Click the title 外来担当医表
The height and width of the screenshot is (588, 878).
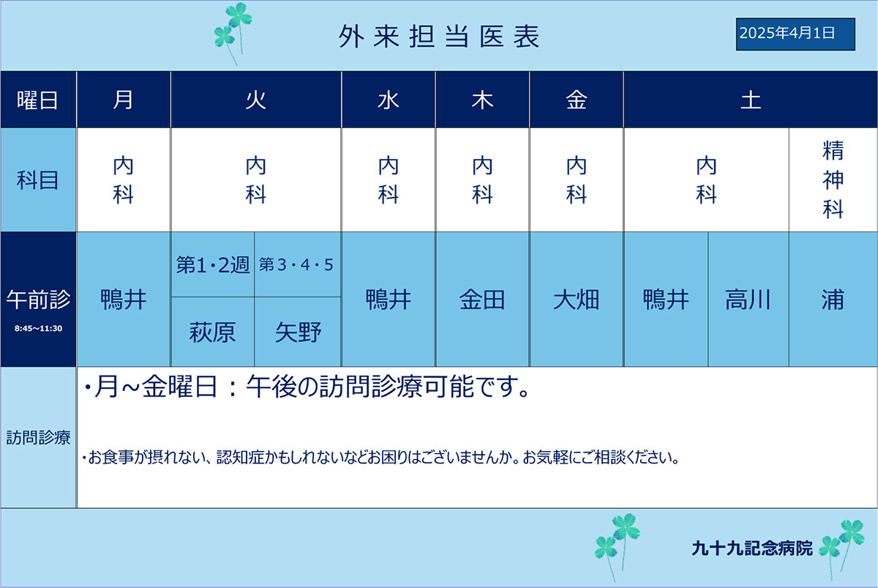pyautogui.click(x=440, y=37)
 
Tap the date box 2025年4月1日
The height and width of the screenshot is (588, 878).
pyautogui.click(x=795, y=34)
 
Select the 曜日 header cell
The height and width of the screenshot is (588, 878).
pyautogui.click(x=38, y=100)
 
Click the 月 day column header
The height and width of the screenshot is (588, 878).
pyautogui.click(x=124, y=100)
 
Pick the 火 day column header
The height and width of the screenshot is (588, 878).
pyautogui.click(x=256, y=100)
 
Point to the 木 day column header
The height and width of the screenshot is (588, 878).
pyautogui.click(x=482, y=100)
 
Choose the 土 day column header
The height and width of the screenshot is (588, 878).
pyautogui.click(x=751, y=100)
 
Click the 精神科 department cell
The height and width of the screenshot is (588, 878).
pyautogui.click(x=833, y=179)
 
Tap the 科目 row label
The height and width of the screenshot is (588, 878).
pyautogui.click(x=38, y=180)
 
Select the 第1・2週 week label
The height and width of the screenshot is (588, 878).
pyautogui.click(x=213, y=265)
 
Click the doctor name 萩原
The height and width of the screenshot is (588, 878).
pyautogui.click(x=212, y=332)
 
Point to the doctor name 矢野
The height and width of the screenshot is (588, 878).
pyautogui.click(x=298, y=332)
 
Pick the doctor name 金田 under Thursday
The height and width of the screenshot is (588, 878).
pyautogui.click(x=482, y=299)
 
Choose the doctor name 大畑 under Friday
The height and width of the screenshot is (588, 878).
pyautogui.click(x=577, y=299)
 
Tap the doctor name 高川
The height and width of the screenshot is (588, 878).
pyautogui.click(x=748, y=299)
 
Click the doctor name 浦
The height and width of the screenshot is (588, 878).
pyautogui.click(x=833, y=299)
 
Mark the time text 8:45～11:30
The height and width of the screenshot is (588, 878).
pyautogui.click(x=38, y=328)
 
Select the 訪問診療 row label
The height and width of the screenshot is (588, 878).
pyautogui.click(x=38, y=437)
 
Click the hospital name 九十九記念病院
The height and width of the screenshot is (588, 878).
pyautogui.click(x=752, y=548)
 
